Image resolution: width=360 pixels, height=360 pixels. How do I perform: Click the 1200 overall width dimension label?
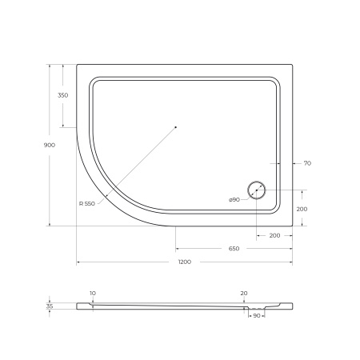point(184,263)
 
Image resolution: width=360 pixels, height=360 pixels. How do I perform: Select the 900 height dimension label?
point(50,145)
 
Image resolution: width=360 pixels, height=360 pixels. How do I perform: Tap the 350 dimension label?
point(63,96)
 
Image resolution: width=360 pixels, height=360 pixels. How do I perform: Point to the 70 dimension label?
point(307,163)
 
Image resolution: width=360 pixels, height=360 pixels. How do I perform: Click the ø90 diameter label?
point(234,199)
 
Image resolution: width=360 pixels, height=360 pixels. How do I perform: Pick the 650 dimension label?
point(234,249)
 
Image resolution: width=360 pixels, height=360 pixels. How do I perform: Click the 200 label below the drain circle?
point(274,236)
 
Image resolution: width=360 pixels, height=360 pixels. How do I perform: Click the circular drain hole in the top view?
point(256,190)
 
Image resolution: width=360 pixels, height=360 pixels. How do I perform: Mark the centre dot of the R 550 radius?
point(175,127)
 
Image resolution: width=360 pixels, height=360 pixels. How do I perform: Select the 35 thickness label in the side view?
point(50,306)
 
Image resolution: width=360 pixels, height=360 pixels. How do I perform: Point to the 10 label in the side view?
point(93,294)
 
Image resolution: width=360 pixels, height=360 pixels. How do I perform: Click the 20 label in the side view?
point(243,294)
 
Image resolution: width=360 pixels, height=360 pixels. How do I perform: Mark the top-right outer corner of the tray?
point(291,65)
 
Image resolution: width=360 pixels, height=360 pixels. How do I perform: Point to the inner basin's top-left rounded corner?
point(95,81)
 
